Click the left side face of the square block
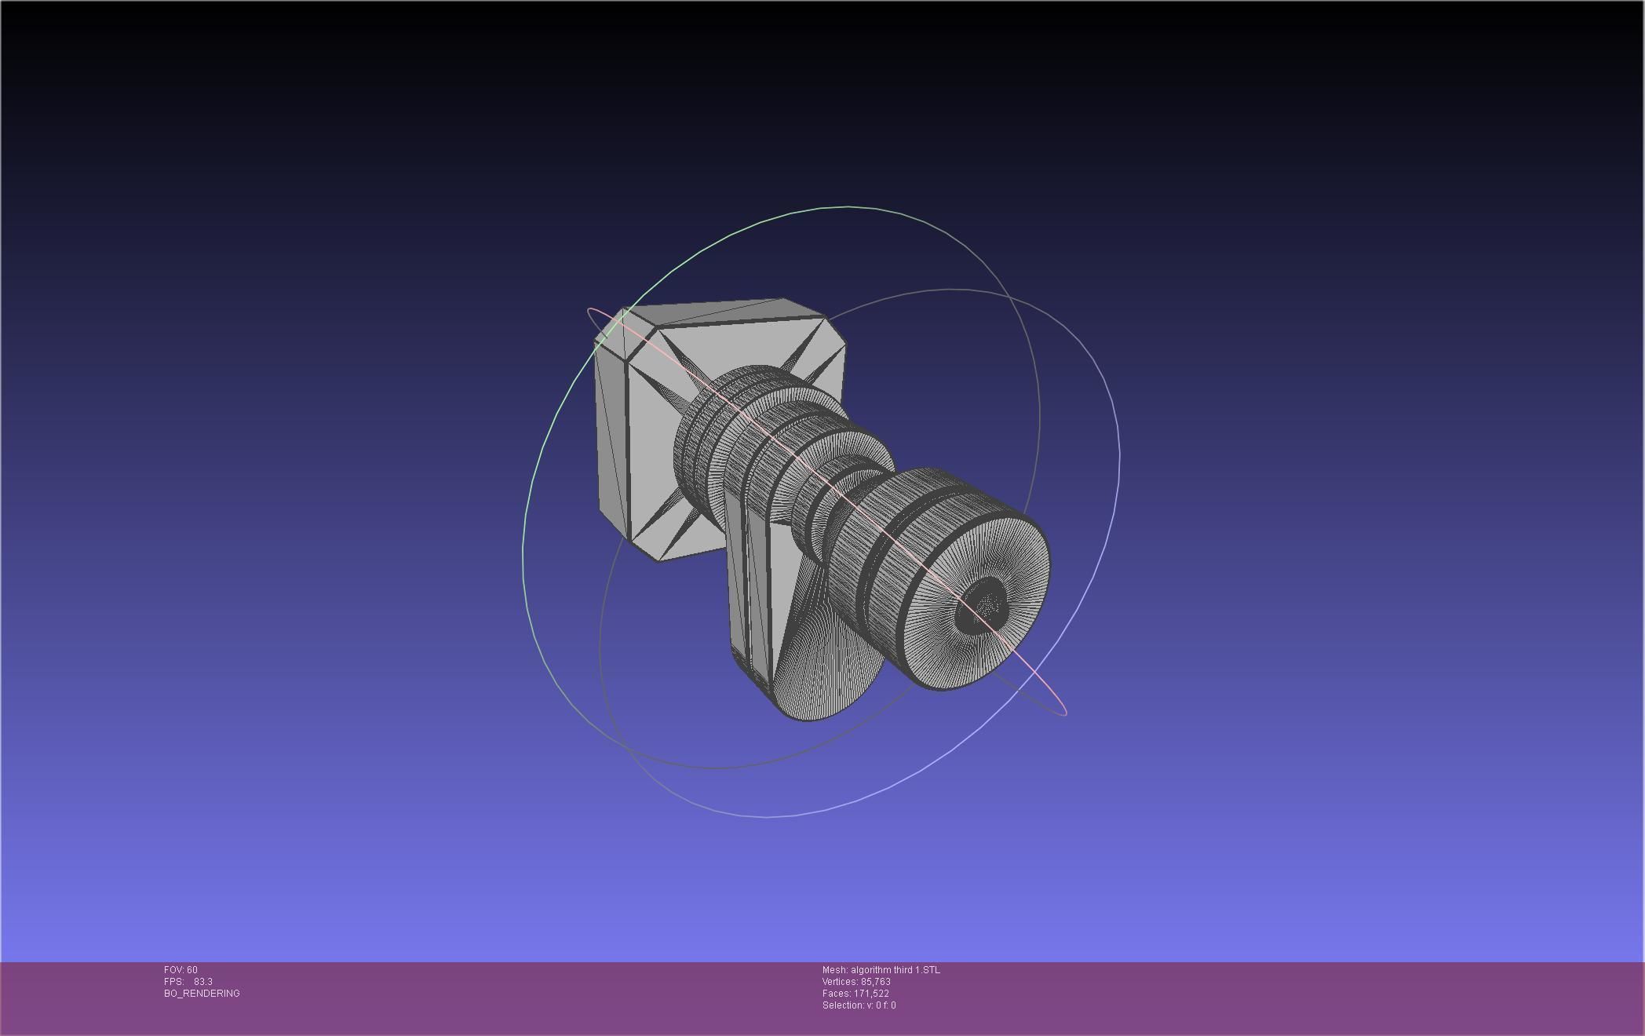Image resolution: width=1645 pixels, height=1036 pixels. pyautogui.click(x=612, y=440)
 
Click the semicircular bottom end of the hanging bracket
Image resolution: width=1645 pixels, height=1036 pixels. pyautogui.click(x=824, y=691)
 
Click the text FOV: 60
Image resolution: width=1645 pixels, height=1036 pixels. pyautogui.click(x=181, y=970)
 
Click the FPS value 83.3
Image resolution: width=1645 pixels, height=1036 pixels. pyautogui.click(x=202, y=982)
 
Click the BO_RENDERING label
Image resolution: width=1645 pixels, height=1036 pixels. pyautogui.click(x=202, y=994)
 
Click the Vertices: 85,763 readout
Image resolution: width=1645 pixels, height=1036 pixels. pyautogui.click(x=856, y=982)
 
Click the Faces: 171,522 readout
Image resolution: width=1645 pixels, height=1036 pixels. pyautogui.click(x=855, y=994)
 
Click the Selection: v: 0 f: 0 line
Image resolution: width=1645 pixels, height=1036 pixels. pyautogui.click(x=859, y=1005)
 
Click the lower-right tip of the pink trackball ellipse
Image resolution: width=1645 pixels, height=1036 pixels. pyautogui.click(x=1064, y=713)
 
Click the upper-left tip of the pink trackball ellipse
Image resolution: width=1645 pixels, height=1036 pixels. pyautogui.click(x=590, y=312)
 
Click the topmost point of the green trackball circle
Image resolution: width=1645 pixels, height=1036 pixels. pyautogui.click(x=848, y=207)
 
